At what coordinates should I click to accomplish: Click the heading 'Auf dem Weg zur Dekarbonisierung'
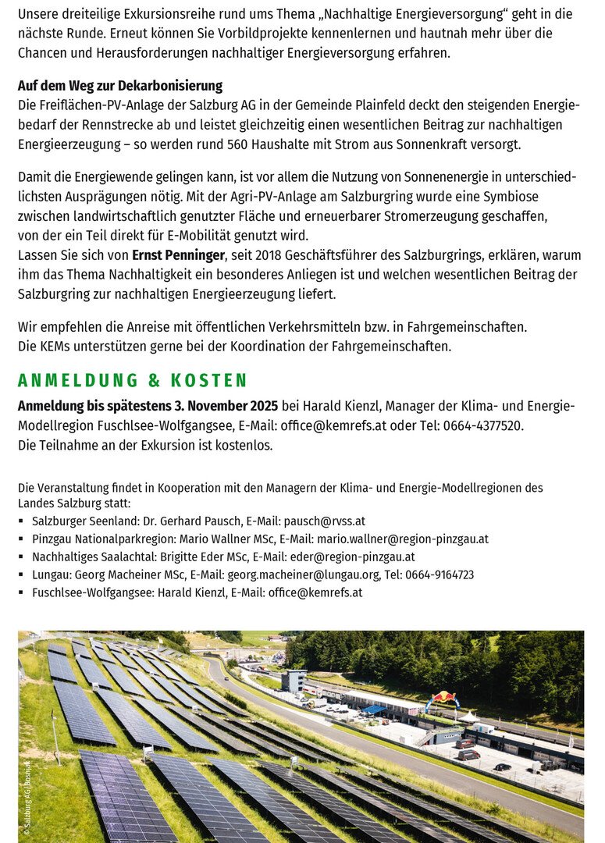pos(120,86)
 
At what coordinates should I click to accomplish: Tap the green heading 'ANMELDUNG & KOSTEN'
pos(133,380)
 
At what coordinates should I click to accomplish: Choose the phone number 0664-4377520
pos(482,425)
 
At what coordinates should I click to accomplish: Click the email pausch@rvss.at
pos(324,521)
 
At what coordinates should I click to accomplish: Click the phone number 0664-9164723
pos(440,574)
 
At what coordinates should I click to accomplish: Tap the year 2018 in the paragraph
pos(279,255)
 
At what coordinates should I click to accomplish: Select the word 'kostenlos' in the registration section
pos(245,445)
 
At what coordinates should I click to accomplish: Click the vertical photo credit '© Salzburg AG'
pos(27,796)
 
